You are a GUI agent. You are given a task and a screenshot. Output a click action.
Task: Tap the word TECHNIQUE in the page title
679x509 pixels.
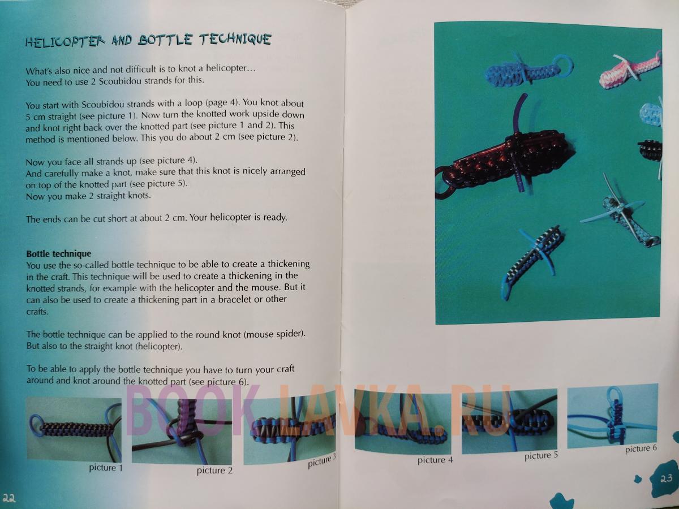coord(235,39)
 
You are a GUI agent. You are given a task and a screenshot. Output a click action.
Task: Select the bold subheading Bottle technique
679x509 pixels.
coord(58,254)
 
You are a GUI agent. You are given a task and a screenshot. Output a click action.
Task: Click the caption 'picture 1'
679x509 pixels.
coord(106,468)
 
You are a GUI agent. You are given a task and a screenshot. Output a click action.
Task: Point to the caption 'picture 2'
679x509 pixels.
coord(214,471)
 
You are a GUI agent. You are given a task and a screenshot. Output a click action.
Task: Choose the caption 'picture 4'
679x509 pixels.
coord(435,460)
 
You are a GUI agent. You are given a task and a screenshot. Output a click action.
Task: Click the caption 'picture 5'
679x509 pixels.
coord(541,455)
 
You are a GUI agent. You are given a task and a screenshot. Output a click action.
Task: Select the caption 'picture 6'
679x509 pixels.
coord(641,448)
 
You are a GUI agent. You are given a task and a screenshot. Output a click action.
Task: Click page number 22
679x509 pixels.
coord(8,498)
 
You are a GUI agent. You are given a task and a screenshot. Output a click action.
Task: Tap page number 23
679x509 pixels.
coord(666,478)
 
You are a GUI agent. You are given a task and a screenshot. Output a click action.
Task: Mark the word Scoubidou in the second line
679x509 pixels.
coord(119,81)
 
